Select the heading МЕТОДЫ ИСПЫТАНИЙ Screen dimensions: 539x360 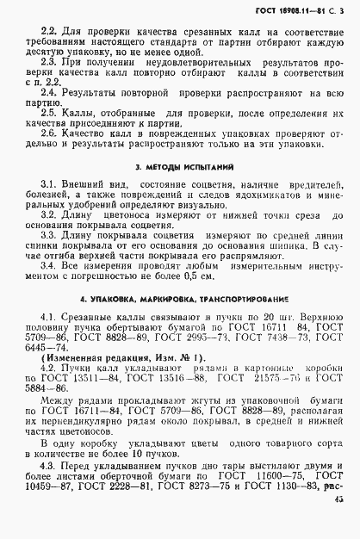[x=185, y=164]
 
